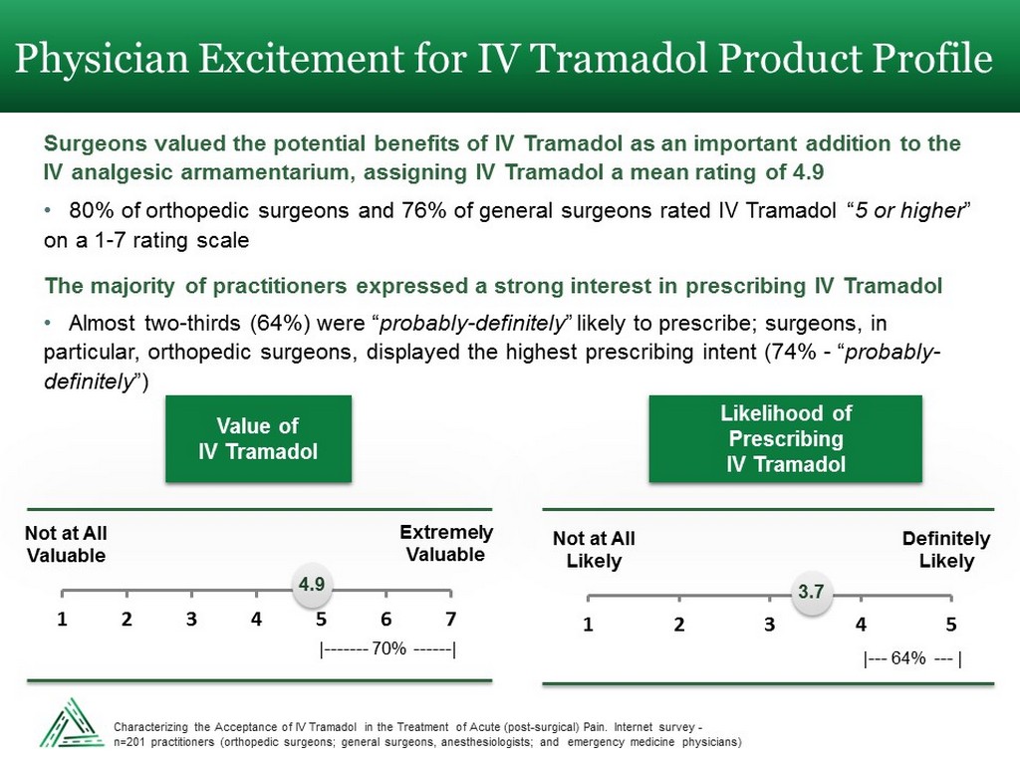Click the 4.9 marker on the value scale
(x=313, y=584)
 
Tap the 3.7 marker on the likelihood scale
(x=812, y=593)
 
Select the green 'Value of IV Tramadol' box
(x=258, y=439)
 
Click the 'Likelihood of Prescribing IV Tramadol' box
(x=786, y=439)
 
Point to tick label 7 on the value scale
(x=450, y=619)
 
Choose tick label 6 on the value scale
(x=385, y=619)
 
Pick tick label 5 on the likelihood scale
(x=951, y=626)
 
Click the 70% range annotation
(x=387, y=650)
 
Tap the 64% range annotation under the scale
(x=911, y=658)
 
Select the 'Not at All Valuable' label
(x=66, y=545)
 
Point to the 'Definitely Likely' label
(x=946, y=550)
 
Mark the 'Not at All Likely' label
(x=594, y=550)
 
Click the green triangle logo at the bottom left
(x=71, y=722)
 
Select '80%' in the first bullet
(x=92, y=212)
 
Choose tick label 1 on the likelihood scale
(x=588, y=626)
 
